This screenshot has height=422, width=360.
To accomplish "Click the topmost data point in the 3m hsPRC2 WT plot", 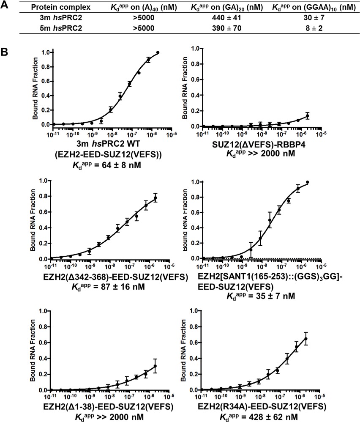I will pyautogui.click(x=158, y=52).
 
